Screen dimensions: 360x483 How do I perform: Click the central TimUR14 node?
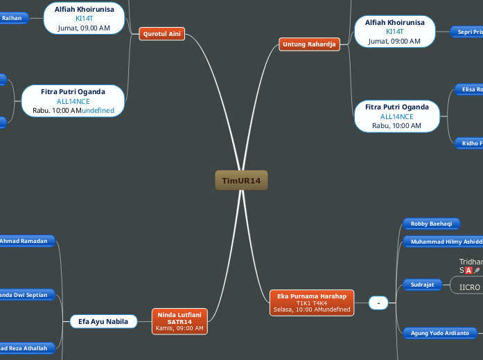[x=241, y=181]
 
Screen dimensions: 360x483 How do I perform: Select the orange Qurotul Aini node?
[x=162, y=33]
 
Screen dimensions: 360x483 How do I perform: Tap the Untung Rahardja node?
[x=309, y=45]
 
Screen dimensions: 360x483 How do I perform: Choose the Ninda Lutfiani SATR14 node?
[x=179, y=321]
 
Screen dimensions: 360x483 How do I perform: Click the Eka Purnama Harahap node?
[x=311, y=303]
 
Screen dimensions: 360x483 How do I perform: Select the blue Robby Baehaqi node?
[x=431, y=224]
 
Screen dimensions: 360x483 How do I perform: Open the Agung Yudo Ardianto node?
[x=440, y=333]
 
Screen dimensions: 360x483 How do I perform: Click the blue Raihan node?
[x=12, y=18]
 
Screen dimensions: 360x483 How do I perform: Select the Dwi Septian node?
[x=28, y=295]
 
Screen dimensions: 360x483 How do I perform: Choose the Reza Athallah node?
[x=28, y=348]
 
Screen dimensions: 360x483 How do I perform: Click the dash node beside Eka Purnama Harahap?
[x=378, y=303]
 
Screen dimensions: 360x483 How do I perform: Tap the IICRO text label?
[x=470, y=287]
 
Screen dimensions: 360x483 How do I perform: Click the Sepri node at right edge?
[x=468, y=32]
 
